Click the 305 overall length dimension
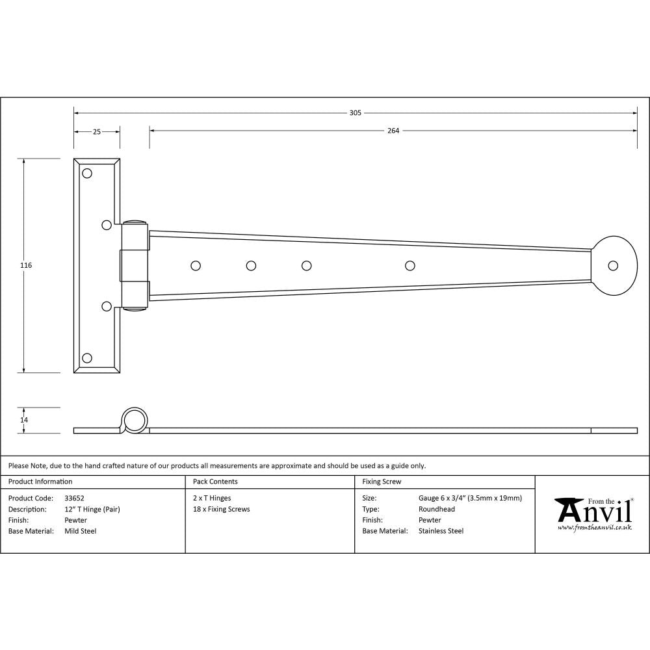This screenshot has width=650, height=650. (x=355, y=112)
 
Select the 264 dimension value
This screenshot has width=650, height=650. (x=393, y=130)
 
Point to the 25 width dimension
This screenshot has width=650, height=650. (x=96, y=131)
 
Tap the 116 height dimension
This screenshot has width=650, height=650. (x=26, y=265)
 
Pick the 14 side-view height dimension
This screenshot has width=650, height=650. (x=24, y=420)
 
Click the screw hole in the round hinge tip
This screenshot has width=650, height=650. (x=612, y=265)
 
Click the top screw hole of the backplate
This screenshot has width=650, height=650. (x=87, y=173)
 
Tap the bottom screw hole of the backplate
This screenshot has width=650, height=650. (x=87, y=357)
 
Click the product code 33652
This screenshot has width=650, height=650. (x=75, y=498)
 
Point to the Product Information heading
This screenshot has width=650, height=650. (x=40, y=482)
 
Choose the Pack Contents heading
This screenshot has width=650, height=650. (x=215, y=482)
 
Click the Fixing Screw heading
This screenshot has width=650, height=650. (x=382, y=482)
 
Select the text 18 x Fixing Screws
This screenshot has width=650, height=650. (x=221, y=509)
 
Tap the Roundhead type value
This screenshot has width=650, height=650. (x=437, y=509)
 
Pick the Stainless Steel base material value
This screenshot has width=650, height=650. (x=441, y=531)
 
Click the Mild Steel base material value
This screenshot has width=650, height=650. (x=81, y=531)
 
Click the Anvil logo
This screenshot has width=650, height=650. (x=593, y=510)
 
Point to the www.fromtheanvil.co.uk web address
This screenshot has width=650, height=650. (x=594, y=528)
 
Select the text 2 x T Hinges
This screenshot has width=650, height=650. (x=212, y=498)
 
